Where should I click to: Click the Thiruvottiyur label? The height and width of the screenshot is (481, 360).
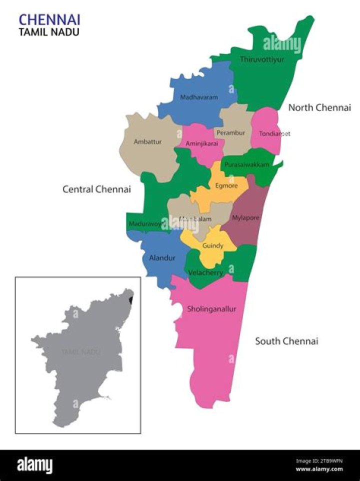point(262,59)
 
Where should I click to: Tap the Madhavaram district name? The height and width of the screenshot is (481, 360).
point(199,97)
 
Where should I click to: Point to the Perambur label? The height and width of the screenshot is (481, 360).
point(231,133)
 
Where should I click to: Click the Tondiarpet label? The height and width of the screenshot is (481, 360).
point(274,133)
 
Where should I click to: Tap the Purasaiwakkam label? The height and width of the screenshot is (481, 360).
point(247,164)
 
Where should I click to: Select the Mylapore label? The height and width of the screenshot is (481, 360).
point(245,218)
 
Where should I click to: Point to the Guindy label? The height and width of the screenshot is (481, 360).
point(213,246)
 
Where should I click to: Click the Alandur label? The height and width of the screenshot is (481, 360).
point(162,258)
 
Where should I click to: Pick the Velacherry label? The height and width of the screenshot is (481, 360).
point(205,272)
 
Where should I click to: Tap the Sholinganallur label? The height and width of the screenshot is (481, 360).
point(211,309)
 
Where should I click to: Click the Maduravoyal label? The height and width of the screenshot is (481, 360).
point(145,224)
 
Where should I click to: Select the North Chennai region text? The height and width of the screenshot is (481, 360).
point(319,107)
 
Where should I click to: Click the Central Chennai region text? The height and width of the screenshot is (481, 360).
point(96,189)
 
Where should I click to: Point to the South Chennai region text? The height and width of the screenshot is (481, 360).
point(286,341)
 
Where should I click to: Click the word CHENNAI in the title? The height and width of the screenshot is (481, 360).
point(49,20)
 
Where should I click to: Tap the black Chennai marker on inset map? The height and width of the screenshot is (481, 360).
point(131,300)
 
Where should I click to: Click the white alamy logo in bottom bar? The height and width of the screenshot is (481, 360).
point(35,465)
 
